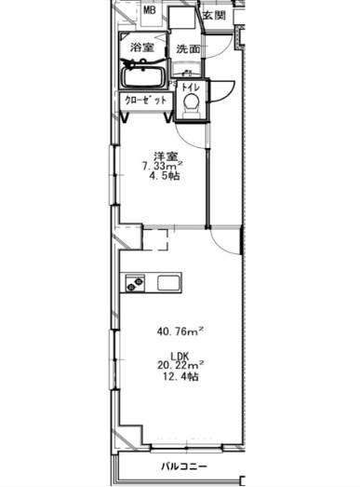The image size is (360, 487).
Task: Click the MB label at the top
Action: (149, 10)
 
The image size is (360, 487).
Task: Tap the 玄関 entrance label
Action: (215, 15)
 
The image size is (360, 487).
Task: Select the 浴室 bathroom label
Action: (141, 47)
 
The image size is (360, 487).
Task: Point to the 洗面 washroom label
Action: (188, 48)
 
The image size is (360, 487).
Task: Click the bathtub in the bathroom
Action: (143, 76)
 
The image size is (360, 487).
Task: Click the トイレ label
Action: (191, 88)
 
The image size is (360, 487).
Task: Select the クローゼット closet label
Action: (145, 101)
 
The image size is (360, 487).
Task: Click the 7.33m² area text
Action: (162, 166)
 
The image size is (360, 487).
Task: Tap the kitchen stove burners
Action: (135, 283)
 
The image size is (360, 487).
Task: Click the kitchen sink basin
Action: (168, 283)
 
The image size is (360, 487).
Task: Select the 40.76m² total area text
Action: (180, 331)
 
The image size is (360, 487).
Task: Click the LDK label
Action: (180, 356)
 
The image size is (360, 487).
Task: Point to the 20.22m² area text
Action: (180, 365)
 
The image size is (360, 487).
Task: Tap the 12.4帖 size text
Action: (180, 376)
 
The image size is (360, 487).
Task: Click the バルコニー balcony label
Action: (184, 467)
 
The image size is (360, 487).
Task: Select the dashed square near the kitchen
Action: (155, 239)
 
